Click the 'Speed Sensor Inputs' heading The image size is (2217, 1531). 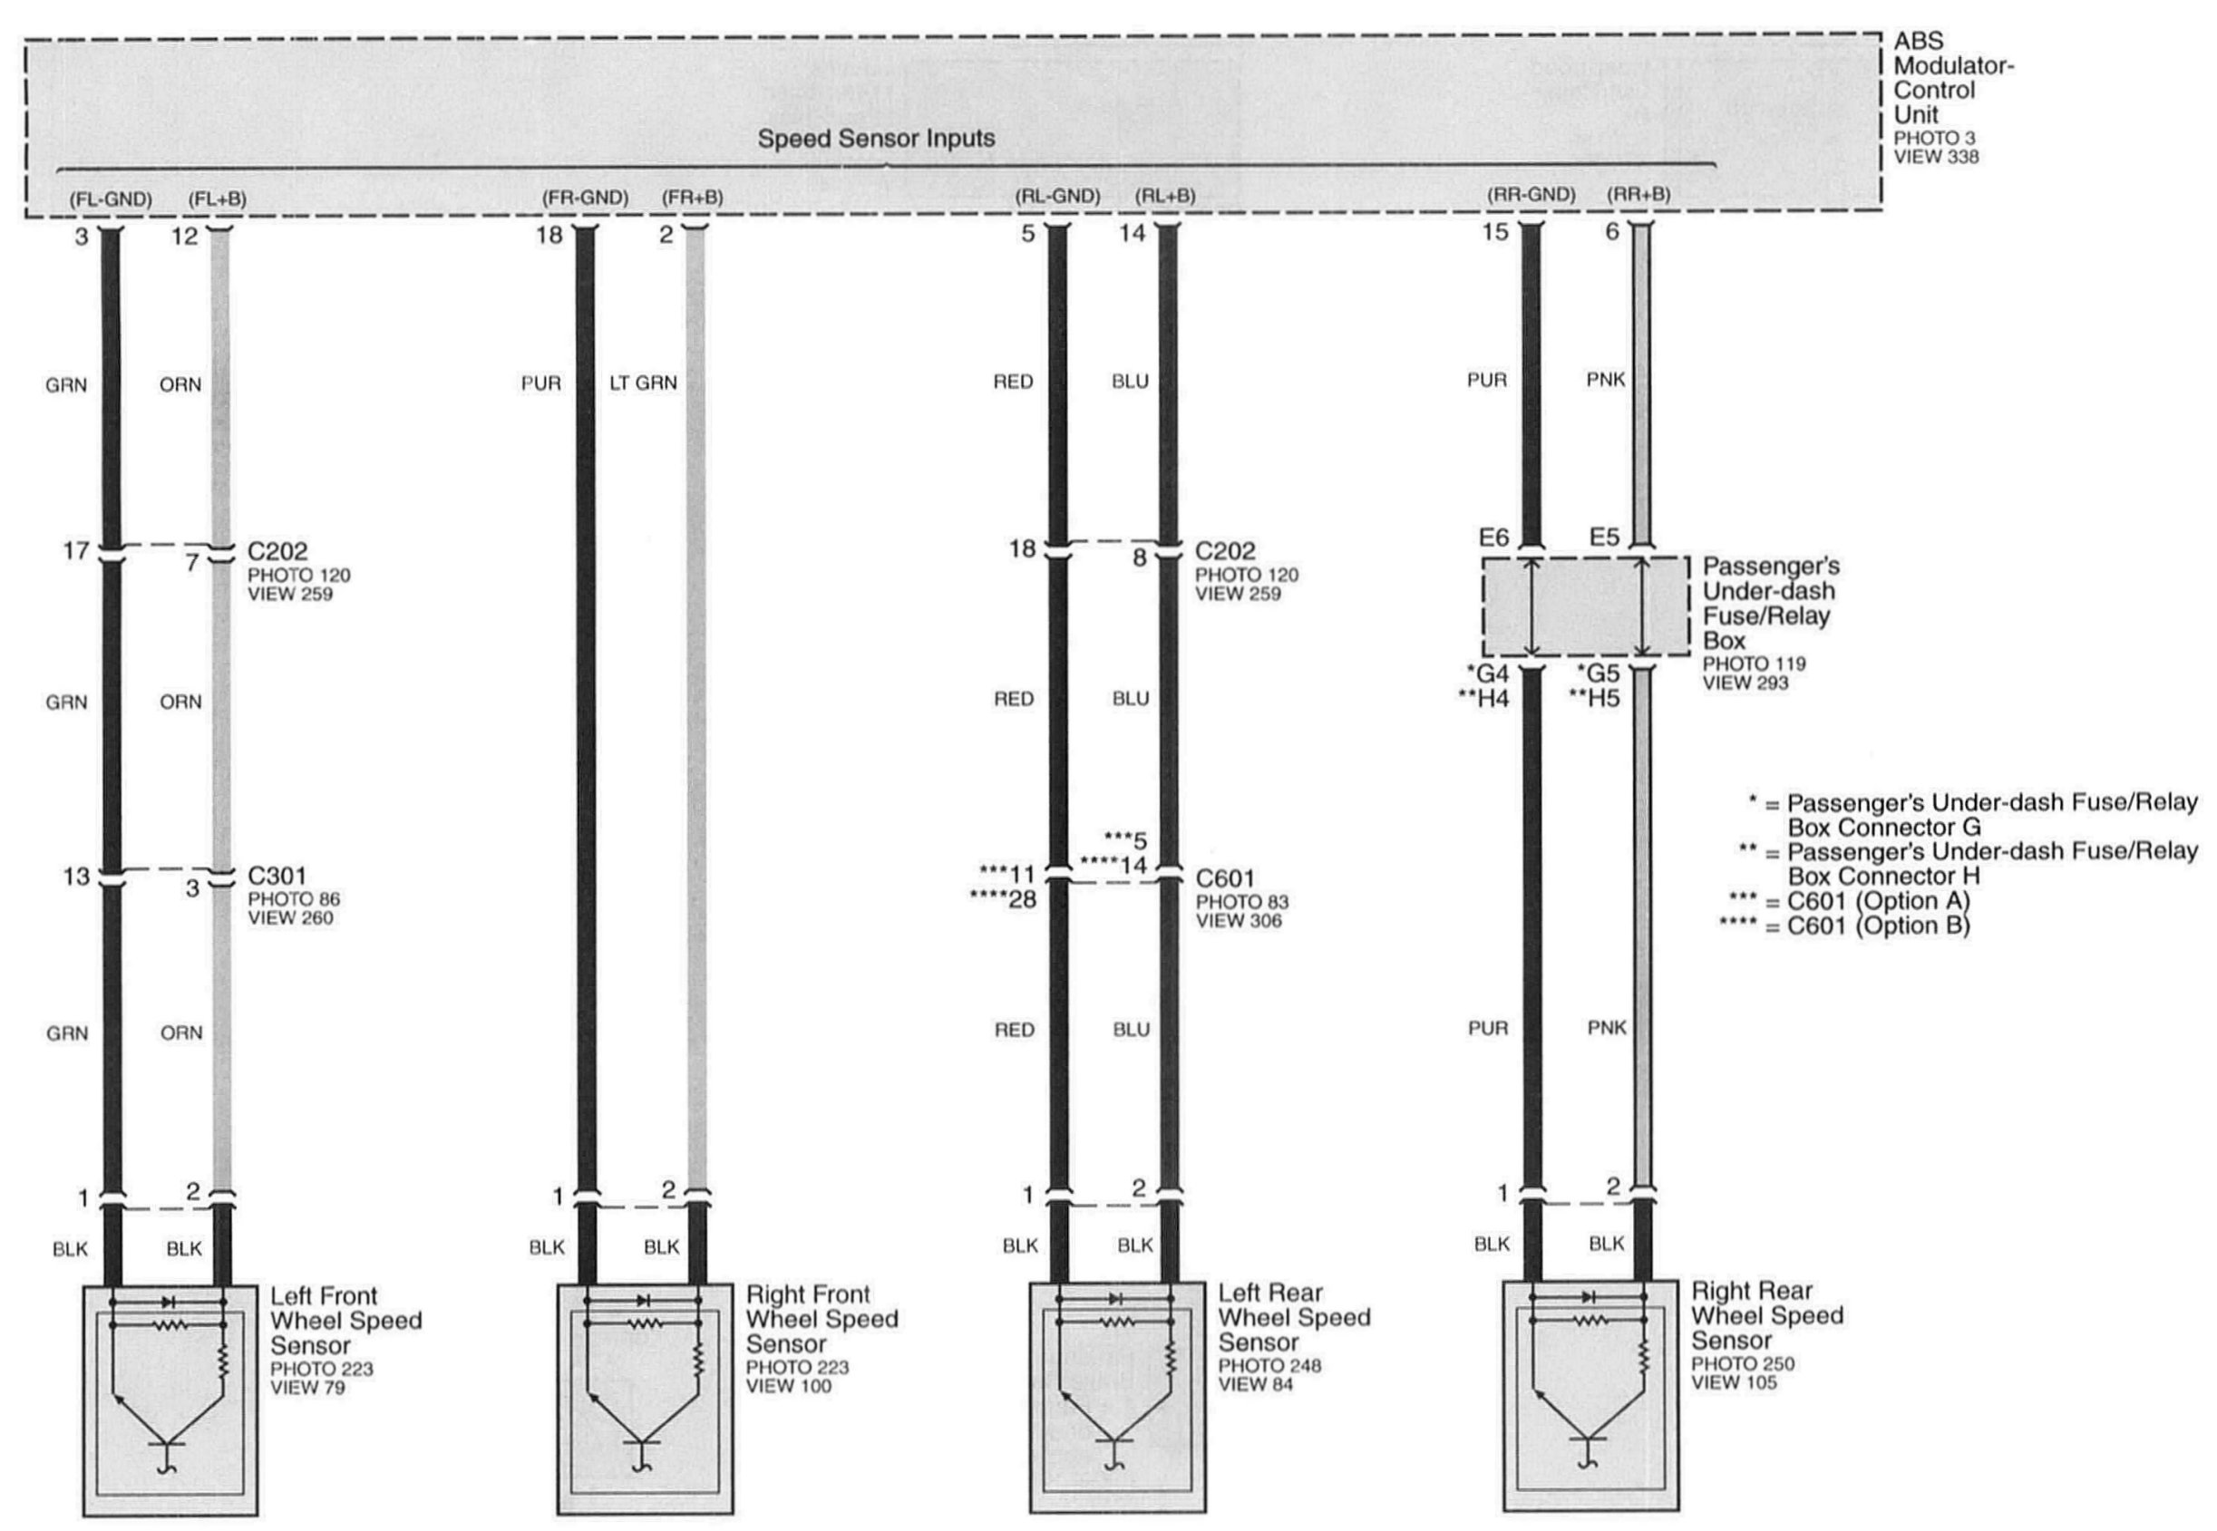point(876,139)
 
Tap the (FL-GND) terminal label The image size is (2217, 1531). point(111,199)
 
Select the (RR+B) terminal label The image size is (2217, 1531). point(1638,195)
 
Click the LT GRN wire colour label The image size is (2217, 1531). point(643,383)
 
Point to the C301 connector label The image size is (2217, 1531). point(277,875)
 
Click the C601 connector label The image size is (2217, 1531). point(1224,877)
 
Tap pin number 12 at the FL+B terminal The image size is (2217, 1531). point(184,236)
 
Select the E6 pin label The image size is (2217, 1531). point(1493,538)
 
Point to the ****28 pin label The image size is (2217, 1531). point(1004,900)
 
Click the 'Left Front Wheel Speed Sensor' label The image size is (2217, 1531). point(345,1320)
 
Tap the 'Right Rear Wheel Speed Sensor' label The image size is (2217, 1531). point(1766,1315)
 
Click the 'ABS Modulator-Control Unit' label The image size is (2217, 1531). point(1951,78)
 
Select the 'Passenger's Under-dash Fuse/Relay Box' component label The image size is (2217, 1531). point(1770,603)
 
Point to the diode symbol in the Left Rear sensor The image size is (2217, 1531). point(1114,1298)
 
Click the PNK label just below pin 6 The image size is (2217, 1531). point(1606,380)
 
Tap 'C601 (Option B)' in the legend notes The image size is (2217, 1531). point(1877,925)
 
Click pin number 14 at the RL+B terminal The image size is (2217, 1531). point(1132,233)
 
